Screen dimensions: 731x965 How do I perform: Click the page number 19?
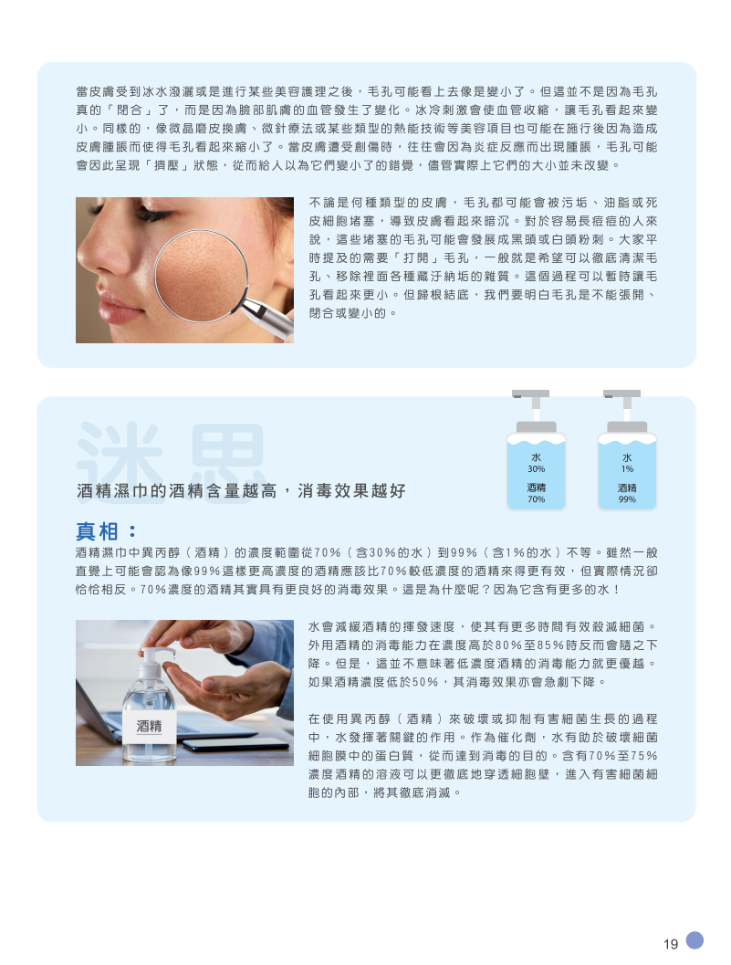pyautogui.click(x=671, y=943)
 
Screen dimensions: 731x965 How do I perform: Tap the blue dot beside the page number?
pyautogui.click(x=694, y=939)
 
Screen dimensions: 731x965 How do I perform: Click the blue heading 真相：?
pyautogui.click(x=107, y=531)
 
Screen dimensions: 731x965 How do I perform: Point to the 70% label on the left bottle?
pyautogui.click(x=536, y=499)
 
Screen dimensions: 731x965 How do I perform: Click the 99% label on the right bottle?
pyautogui.click(x=627, y=499)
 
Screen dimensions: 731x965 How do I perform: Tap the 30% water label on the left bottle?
pyautogui.click(x=536, y=468)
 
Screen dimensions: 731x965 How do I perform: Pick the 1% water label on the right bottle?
pyautogui.click(x=627, y=468)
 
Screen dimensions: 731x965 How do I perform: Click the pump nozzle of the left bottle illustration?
pyautogui.click(x=530, y=393)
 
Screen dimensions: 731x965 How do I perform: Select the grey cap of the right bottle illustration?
pyautogui.click(x=627, y=427)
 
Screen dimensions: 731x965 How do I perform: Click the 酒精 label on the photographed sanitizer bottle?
pyautogui.click(x=150, y=726)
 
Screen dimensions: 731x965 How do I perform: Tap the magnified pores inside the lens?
pyautogui.click(x=200, y=275)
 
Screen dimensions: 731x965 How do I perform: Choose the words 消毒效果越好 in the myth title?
pyautogui.click(x=351, y=490)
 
